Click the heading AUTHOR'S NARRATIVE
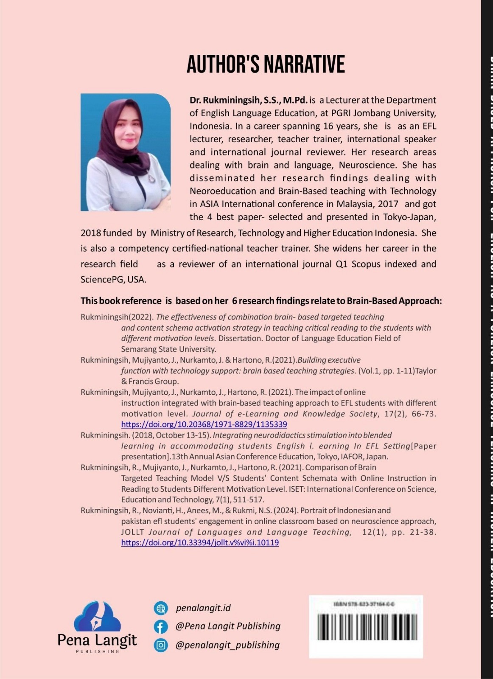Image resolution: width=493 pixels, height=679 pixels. pyautogui.click(x=266, y=65)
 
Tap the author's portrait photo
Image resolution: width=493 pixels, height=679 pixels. pyautogui.click(x=126, y=152)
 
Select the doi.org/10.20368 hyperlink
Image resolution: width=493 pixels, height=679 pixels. pyautogui.click(x=204, y=424)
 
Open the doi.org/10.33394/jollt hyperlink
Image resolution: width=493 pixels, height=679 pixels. pyautogui.click(x=200, y=542)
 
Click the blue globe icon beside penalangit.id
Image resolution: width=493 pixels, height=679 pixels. pyautogui.click(x=160, y=608)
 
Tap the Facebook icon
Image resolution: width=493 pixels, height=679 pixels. pyautogui.click(x=160, y=626)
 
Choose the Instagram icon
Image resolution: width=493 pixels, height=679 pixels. pyautogui.click(x=160, y=645)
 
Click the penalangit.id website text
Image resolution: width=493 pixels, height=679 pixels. pyautogui.click(x=203, y=608)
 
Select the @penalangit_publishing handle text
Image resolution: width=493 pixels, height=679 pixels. pyautogui.click(x=227, y=645)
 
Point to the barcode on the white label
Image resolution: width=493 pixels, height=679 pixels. pyautogui.click(x=367, y=627)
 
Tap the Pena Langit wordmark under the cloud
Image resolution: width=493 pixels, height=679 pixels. pyautogui.click(x=97, y=640)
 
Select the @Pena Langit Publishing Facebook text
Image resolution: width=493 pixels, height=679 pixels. pyautogui.click(x=228, y=626)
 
